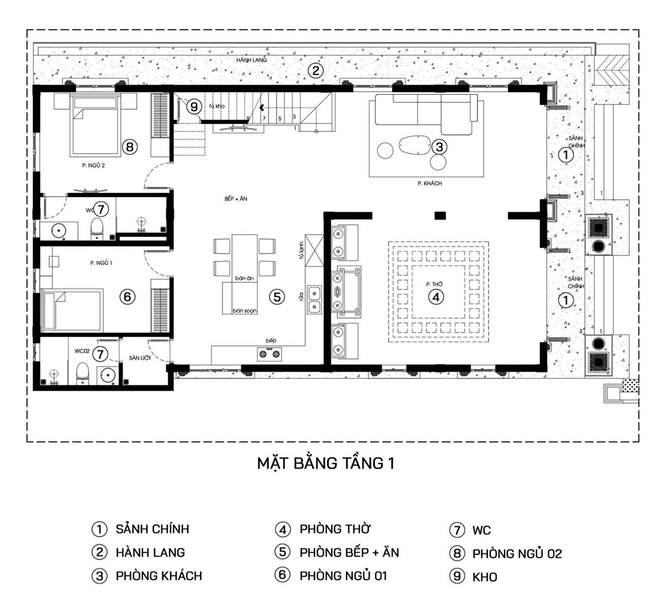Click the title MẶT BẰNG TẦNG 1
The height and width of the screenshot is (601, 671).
325,463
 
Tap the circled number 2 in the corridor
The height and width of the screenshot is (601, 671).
316,70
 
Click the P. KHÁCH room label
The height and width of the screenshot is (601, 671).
429,183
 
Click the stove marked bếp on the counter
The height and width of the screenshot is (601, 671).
270,353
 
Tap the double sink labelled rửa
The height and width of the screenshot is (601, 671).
314,297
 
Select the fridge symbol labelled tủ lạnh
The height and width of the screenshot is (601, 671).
314,252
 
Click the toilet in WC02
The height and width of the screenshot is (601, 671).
83,373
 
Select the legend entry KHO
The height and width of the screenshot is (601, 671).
485,577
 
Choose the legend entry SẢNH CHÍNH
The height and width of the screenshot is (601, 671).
152,529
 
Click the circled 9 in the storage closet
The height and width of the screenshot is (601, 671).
193,106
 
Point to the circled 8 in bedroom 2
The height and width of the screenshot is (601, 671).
129,147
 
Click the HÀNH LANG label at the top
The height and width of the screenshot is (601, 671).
251,60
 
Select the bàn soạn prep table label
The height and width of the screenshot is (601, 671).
245,311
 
